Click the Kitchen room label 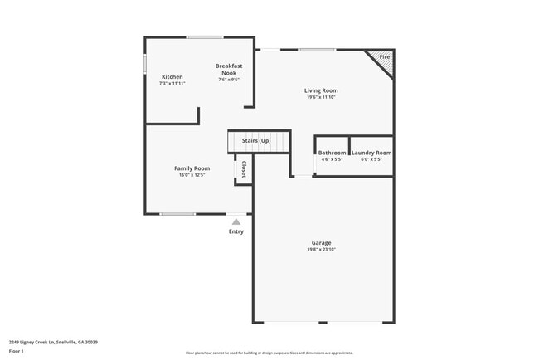pos(172,76)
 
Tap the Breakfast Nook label pos(228,70)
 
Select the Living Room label pos(321,90)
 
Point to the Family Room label pos(191,168)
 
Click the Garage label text pos(322,243)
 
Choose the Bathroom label pos(332,153)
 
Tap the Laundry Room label pos(371,153)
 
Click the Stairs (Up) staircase pos(260,142)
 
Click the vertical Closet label pos(244,169)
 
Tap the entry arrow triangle pos(236,221)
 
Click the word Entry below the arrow pos(236,231)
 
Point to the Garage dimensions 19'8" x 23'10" pos(322,250)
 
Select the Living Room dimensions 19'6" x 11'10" pos(321,97)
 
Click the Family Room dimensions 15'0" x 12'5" pos(191,175)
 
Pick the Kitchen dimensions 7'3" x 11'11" pos(172,83)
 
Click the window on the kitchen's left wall pos(145,63)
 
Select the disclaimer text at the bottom pos(269,353)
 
